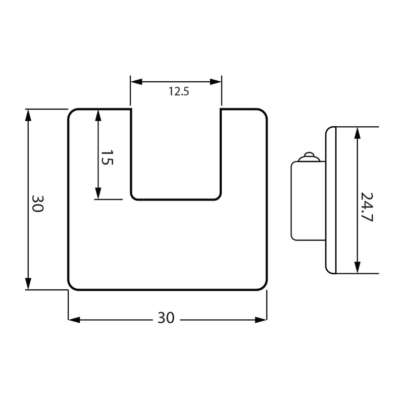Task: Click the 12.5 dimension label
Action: click(179, 91)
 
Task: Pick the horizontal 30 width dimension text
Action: click(166, 318)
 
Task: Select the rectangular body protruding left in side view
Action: click(308, 200)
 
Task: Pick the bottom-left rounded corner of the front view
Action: click(72, 287)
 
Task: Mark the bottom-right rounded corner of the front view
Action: click(264, 287)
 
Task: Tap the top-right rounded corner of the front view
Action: click(264, 112)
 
